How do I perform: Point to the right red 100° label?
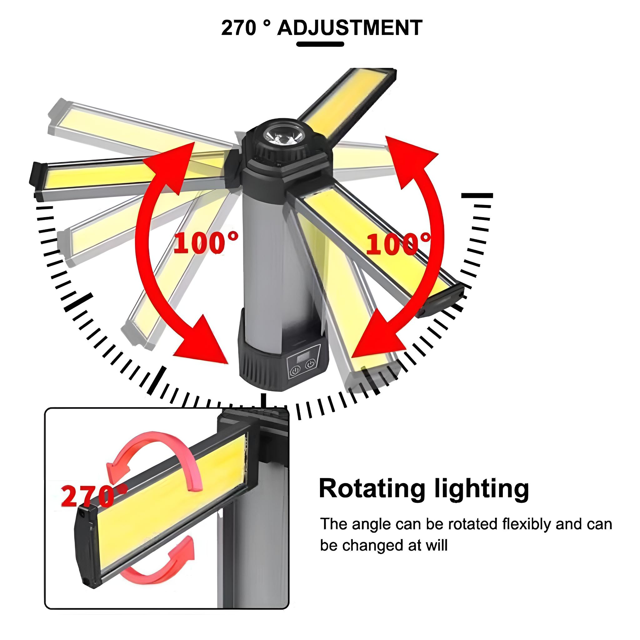tap(398, 243)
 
